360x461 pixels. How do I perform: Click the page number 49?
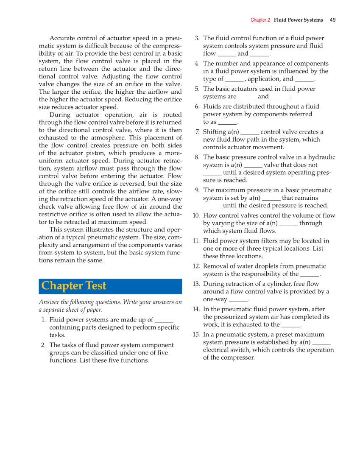click(x=333, y=20)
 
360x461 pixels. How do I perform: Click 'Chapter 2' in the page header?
click(x=260, y=20)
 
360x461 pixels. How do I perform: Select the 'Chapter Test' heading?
click(x=74, y=286)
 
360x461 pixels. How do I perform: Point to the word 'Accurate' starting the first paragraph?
click(x=62, y=38)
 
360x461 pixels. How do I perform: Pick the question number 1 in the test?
click(x=44, y=320)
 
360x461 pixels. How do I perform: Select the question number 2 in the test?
click(x=43, y=345)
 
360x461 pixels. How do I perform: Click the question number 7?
click(x=197, y=132)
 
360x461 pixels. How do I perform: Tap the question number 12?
click(x=196, y=266)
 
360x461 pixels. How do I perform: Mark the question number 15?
click(x=196, y=335)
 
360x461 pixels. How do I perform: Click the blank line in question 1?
click(x=164, y=321)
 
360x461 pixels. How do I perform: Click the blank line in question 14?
click(x=290, y=325)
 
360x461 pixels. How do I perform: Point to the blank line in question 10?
click(x=288, y=224)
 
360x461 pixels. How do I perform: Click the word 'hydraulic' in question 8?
click(x=321, y=157)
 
